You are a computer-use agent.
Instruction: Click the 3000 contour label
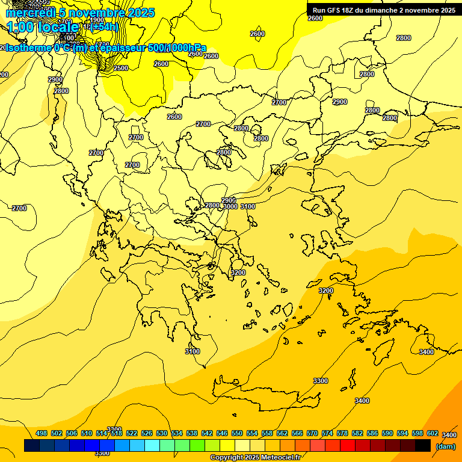pyautogui.click(x=230, y=206)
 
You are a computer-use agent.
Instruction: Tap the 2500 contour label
pyautogui.click(x=121, y=68)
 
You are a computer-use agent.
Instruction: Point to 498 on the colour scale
pyautogui.click(x=42, y=433)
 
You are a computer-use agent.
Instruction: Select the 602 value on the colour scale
pyautogui.click(x=432, y=433)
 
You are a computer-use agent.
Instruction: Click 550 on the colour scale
pyautogui.click(x=236, y=433)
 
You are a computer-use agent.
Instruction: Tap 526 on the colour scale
pyautogui.click(x=147, y=433)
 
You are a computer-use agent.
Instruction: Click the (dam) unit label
pyautogui.click(x=446, y=446)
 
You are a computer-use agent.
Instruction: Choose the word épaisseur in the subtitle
pyautogui.click(x=123, y=48)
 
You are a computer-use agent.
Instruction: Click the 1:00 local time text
pyautogui.click(x=42, y=27)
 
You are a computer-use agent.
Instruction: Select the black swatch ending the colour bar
pyautogui.click(x=423, y=446)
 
